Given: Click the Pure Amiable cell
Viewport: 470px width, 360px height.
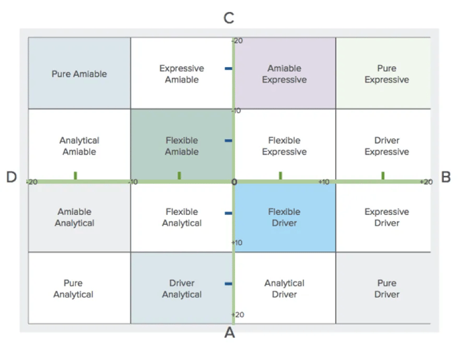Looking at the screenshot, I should click(79, 74).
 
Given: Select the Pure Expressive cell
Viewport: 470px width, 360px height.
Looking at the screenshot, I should click(386, 74).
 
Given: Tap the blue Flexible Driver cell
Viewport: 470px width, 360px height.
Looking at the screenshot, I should click(284, 217).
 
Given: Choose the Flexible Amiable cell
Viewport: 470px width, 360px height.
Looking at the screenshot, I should click(181, 146).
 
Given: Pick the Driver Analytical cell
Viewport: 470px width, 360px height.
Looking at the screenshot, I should click(181, 289).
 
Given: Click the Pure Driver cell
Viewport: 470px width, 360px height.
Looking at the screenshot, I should click(386, 289).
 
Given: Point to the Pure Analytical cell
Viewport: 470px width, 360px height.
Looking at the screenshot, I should click(73, 289).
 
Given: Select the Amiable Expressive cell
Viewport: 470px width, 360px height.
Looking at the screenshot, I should click(284, 74).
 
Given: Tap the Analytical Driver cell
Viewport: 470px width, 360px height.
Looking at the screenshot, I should click(284, 289).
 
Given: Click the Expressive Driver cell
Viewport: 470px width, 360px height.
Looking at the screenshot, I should click(386, 217).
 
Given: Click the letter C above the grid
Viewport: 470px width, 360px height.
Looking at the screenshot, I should click(229, 19).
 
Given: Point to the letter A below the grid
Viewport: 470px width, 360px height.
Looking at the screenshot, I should click(229, 333).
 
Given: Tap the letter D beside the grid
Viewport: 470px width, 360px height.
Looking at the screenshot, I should click(11, 177).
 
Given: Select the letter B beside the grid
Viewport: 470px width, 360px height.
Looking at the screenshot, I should click(446, 177).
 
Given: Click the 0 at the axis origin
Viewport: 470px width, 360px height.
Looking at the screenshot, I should click(234, 182).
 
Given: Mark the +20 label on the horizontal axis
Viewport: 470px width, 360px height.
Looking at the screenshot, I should click(426, 182).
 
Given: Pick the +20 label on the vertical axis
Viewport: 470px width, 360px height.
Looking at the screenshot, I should click(237, 314).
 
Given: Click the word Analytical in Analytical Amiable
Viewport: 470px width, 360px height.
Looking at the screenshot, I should click(79, 140).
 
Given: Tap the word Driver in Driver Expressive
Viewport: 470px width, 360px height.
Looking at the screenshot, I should click(386, 140).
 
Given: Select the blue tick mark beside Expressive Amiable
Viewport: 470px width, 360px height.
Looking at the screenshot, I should click(228, 69).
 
